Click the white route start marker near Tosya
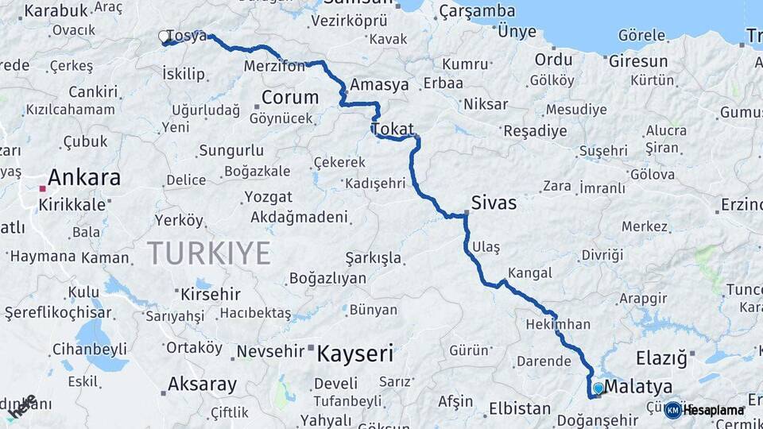click(x=165, y=37)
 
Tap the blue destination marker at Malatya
click(x=598, y=388)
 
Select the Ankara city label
click(x=84, y=177)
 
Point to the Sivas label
click(x=494, y=203)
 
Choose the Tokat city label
click(x=392, y=129)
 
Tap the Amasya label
click(x=379, y=85)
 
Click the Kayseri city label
click(x=354, y=354)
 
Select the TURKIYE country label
click(x=209, y=253)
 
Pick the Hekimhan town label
click(x=558, y=324)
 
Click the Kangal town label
click(x=529, y=273)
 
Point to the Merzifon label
click(x=275, y=66)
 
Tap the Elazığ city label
click(x=660, y=358)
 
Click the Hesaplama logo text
click(x=713, y=410)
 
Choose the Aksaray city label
click(x=202, y=385)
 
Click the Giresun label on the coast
click(x=640, y=61)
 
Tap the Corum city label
click(x=290, y=98)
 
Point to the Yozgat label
click(x=268, y=196)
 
